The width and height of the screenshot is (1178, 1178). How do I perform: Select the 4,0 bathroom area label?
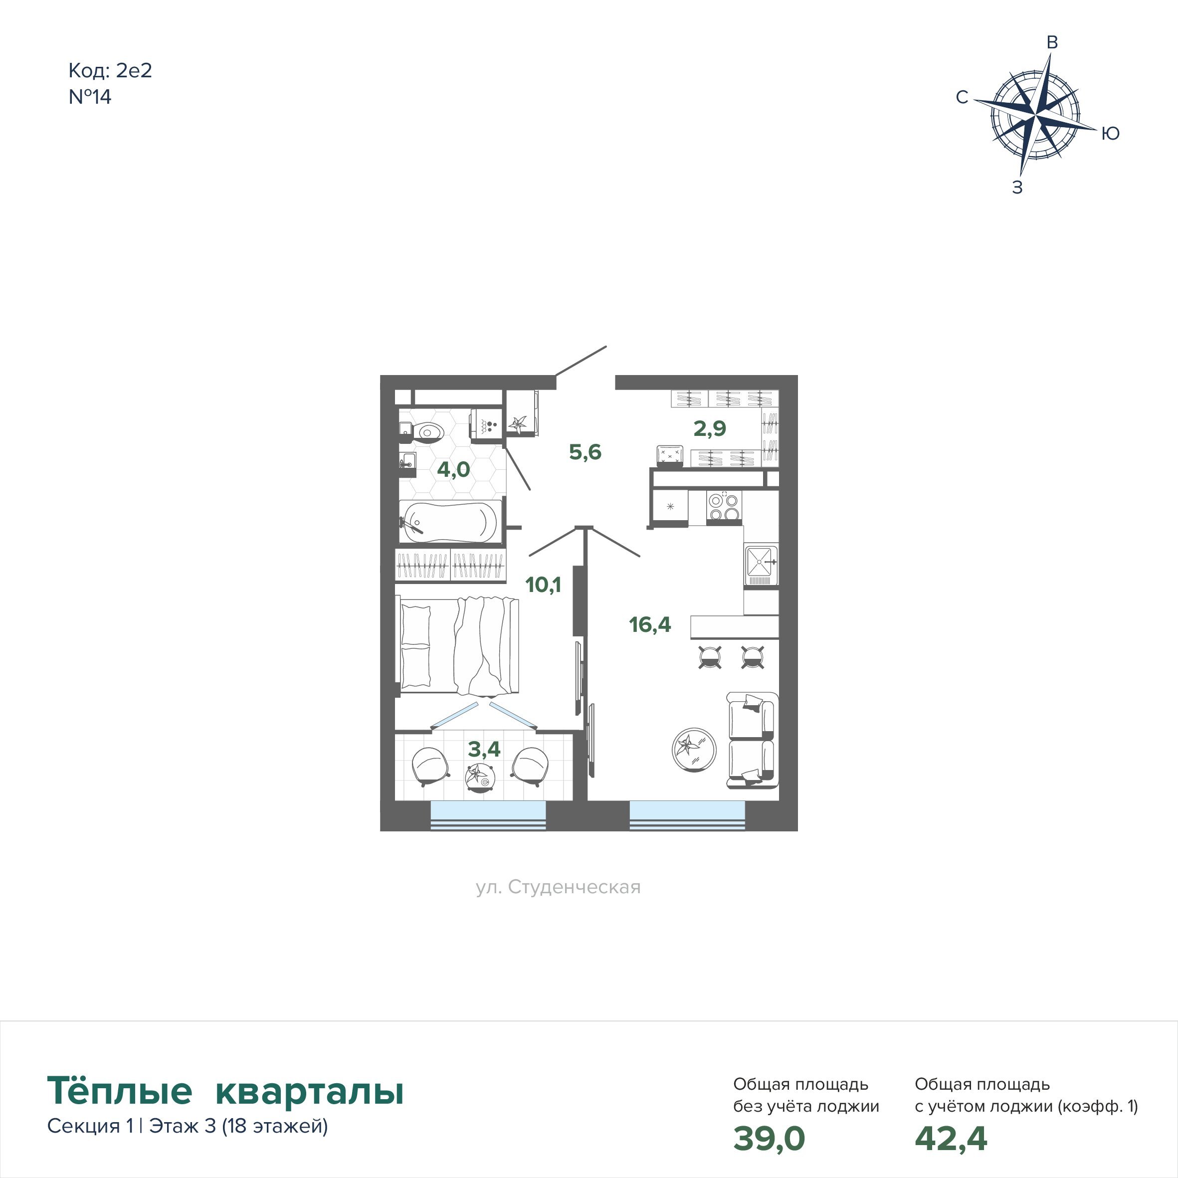pyautogui.click(x=454, y=469)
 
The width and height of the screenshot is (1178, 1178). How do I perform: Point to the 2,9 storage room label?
pyautogui.click(x=710, y=428)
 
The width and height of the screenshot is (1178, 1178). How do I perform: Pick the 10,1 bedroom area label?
pyautogui.click(x=543, y=585)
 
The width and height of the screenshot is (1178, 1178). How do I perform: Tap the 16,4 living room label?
pyautogui.click(x=650, y=624)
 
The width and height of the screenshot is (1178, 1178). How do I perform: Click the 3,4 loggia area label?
pyautogui.click(x=484, y=749)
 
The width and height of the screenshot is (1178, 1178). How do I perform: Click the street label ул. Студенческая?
pyautogui.click(x=559, y=887)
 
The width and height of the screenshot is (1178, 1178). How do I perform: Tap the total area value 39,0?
pyautogui.click(x=769, y=1139)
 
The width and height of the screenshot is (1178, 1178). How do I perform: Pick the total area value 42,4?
pyautogui.click(x=951, y=1139)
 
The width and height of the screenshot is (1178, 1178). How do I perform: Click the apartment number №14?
pyautogui.click(x=90, y=97)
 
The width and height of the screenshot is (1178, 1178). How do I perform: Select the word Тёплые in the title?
pyautogui.click(x=120, y=1091)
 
